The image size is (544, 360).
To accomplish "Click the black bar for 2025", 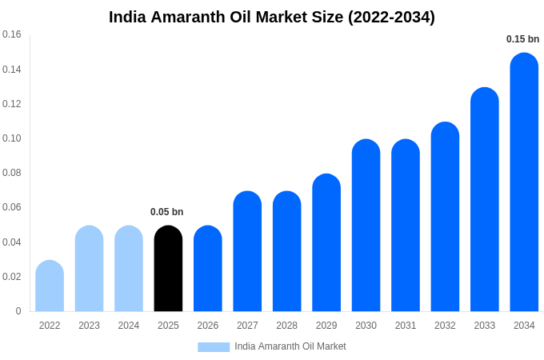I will (x=168, y=269).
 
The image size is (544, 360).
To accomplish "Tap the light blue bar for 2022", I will (x=50, y=286).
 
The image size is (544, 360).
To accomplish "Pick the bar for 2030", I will (x=366, y=226).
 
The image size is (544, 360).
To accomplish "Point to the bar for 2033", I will (x=484, y=200).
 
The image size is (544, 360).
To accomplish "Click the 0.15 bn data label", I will (x=522, y=39).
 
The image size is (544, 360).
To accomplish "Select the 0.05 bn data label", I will (x=166, y=212).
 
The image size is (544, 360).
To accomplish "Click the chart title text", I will (x=272, y=17).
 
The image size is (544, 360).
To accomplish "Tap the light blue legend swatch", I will (x=214, y=346).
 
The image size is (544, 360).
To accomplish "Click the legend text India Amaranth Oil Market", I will (x=290, y=346).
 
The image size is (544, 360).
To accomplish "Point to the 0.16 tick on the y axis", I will (x=12, y=34).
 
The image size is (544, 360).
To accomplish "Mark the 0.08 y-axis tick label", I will (x=12, y=173).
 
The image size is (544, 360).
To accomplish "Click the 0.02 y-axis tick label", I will (x=12, y=277).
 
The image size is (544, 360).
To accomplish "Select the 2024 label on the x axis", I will (x=129, y=326).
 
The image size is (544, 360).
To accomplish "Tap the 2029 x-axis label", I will (x=326, y=326).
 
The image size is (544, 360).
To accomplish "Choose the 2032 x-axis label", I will (x=445, y=326).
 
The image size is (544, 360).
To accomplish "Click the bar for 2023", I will (x=89, y=269).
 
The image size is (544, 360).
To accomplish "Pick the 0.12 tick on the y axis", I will (x=12, y=104).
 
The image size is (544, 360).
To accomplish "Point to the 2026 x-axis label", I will (x=208, y=326).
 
